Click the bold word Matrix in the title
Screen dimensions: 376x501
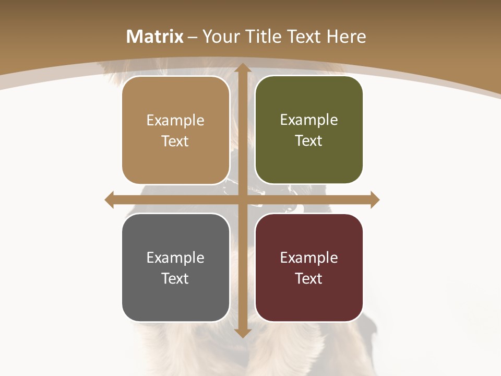(155, 37)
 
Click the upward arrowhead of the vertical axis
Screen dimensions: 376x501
(242, 68)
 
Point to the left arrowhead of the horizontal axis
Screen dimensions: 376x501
(110, 200)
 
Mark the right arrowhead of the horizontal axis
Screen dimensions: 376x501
(374, 200)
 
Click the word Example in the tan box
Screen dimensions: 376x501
(175, 121)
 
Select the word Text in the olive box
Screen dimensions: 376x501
(308, 141)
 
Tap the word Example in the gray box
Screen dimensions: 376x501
(175, 258)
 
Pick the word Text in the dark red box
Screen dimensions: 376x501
(308, 278)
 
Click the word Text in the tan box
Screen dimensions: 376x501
(175, 142)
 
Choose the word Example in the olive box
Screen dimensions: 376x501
(309, 120)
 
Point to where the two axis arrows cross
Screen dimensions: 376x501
(242, 200)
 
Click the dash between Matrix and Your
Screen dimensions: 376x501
(193, 37)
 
